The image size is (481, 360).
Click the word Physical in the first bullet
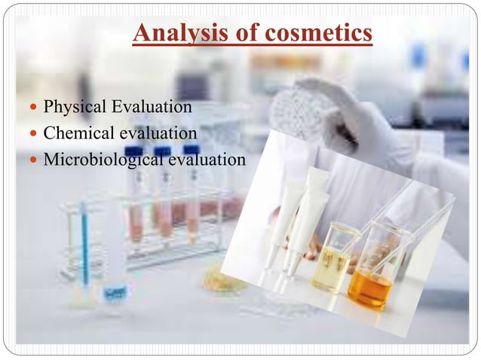tap(74, 107)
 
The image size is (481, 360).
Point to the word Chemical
tap(77, 133)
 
